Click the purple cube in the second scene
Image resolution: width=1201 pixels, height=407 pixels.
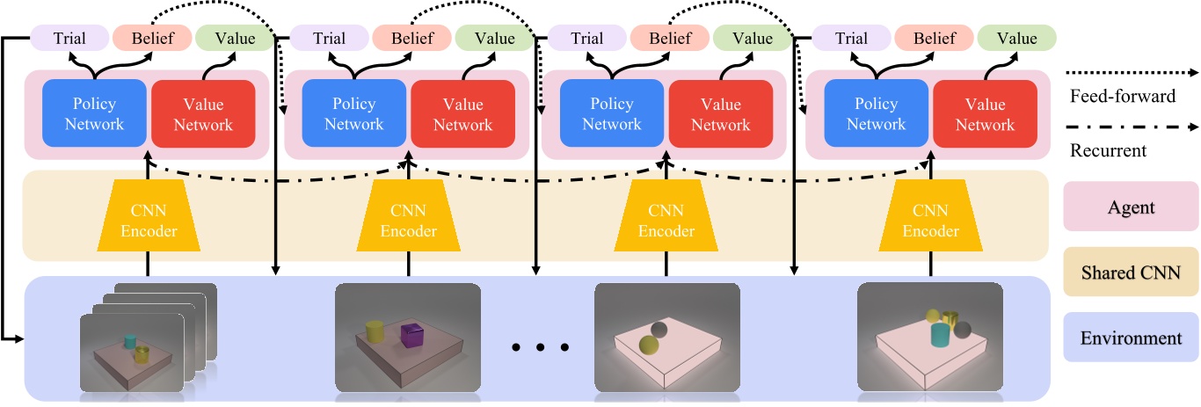[x=411, y=335]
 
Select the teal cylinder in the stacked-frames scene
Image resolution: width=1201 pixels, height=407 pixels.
[x=130, y=340]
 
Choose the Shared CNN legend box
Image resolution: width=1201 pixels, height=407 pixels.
[x=1130, y=273]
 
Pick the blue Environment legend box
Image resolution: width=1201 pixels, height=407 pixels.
[x=1130, y=338]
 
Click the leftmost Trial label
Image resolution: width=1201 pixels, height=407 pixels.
[x=70, y=38]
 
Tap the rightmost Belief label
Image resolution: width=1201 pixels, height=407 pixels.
[x=934, y=38]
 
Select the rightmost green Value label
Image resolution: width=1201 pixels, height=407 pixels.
[x=1016, y=38]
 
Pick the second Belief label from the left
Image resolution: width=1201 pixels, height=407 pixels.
[x=411, y=38]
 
